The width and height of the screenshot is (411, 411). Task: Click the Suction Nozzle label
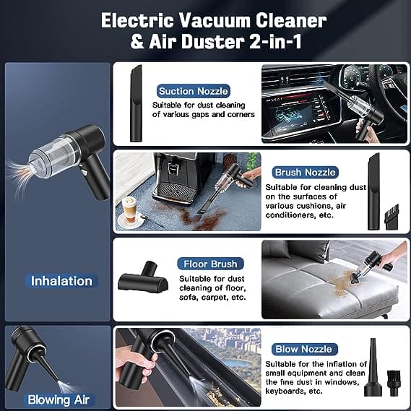[193, 91]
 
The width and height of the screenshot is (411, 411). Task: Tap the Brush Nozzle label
[305, 173]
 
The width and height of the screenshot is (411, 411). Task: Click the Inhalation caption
[61, 280]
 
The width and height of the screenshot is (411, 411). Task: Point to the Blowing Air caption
[59, 399]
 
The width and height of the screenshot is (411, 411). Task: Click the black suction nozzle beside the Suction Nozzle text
[135, 103]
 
